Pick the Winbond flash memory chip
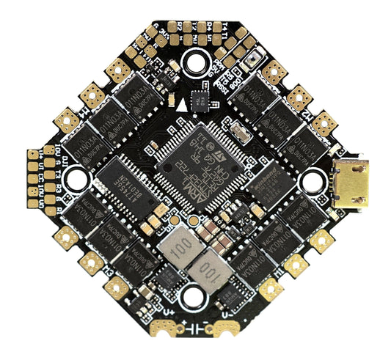click(x=266, y=184)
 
